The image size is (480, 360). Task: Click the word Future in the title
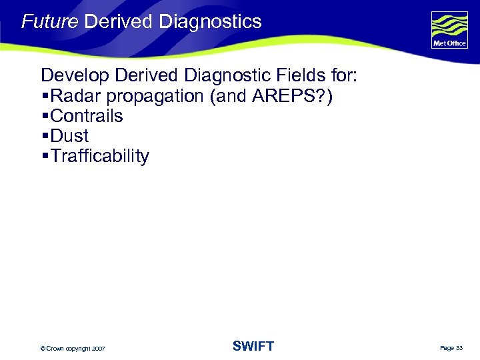pyautogui.click(x=50, y=21)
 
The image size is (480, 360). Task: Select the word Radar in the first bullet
pyautogui.click(x=73, y=96)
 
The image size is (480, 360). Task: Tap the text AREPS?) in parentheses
pyautogui.click(x=293, y=96)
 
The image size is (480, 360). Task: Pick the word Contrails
pyautogui.click(x=87, y=116)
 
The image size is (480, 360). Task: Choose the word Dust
pyautogui.click(x=69, y=136)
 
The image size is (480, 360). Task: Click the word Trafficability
pyautogui.click(x=100, y=157)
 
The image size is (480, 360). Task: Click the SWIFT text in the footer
pyautogui.click(x=253, y=346)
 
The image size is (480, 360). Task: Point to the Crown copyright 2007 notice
pyautogui.click(x=72, y=348)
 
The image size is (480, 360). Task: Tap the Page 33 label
pyautogui.click(x=451, y=348)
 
